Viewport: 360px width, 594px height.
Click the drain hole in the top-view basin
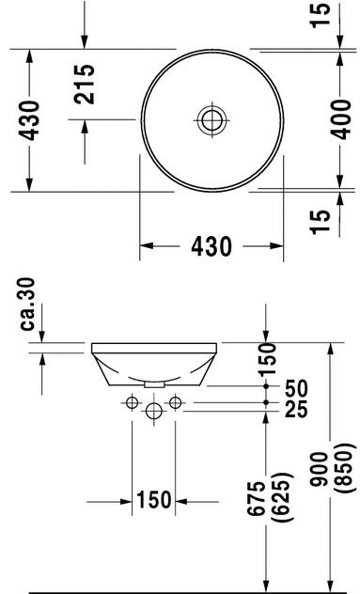click(211, 119)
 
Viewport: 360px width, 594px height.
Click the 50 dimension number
click(296, 387)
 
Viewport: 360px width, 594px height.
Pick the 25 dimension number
click(296, 409)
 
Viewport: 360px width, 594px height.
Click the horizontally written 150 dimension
click(153, 500)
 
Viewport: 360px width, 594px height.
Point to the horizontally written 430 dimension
click(211, 246)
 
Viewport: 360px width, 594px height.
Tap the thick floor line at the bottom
click(188, 590)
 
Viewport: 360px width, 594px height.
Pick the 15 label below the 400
click(321, 218)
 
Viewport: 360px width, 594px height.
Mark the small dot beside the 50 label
click(268, 387)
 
